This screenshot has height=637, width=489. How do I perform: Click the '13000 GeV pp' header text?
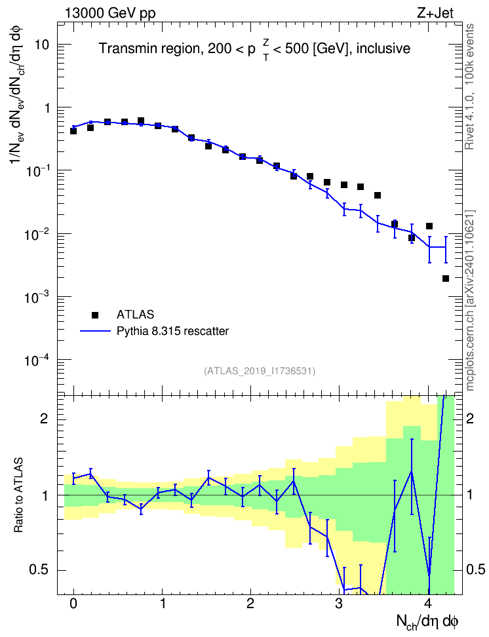[x=109, y=13]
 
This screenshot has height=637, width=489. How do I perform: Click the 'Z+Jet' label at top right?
[x=435, y=13]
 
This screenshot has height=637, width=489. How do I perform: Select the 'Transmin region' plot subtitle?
[x=149, y=48]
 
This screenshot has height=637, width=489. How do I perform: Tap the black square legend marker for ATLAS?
[x=95, y=315]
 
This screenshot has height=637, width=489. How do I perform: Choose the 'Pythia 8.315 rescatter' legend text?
[x=173, y=331]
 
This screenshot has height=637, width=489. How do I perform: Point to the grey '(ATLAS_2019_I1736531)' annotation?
[x=260, y=371]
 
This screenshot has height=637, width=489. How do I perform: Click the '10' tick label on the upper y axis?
[x=42, y=45]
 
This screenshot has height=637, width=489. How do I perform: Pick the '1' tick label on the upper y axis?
[x=47, y=108]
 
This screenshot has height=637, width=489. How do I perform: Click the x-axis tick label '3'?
[x=340, y=604]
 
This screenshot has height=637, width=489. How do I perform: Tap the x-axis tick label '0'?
[x=73, y=604]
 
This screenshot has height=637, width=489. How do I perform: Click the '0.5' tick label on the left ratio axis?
[x=39, y=570]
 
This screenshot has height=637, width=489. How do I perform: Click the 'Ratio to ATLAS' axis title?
[x=18, y=495]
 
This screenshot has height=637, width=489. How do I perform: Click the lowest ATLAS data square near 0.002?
[x=446, y=279]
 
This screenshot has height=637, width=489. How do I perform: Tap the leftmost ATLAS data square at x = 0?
[x=73, y=131]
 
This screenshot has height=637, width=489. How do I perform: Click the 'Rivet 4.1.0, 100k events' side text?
[x=469, y=87]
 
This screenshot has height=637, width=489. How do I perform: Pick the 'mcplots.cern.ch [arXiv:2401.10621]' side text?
[x=470, y=301]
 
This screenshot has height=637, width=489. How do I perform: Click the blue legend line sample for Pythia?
[x=95, y=331]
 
